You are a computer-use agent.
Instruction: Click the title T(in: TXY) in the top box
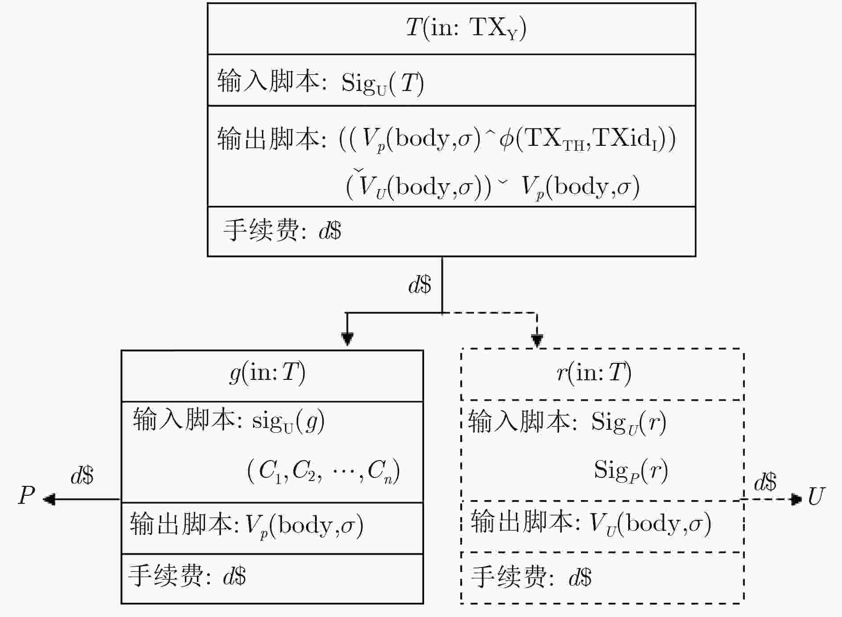pyautogui.click(x=466, y=28)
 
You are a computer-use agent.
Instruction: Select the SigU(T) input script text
pyautogui.click(x=383, y=83)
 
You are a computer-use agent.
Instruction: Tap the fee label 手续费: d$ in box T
pyautogui.click(x=282, y=230)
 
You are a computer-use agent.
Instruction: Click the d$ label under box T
pyautogui.click(x=420, y=284)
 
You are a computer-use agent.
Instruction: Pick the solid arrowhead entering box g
pyautogui.click(x=347, y=339)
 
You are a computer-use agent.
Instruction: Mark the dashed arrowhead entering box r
pyautogui.click(x=537, y=340)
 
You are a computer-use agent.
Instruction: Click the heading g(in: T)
pyautogui.click(x=267, y=373)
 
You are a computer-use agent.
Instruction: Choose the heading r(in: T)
pyautogui.click(x=594, y=373)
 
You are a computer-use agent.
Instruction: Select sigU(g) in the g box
pyautogui.click(x=288, y=421)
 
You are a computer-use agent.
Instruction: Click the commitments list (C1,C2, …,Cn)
pyautogui.click(x=323, y=471)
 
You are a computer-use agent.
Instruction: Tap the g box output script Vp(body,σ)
pyautogui.click(x=305, y=526)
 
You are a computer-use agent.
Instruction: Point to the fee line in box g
pyautogui.click(x=187, y=576)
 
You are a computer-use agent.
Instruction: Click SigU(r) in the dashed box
pyautogui.click(x=629, y=422)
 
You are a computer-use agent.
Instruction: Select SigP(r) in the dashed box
pyautogui.click(x=631, y=471)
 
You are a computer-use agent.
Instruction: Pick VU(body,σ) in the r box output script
pyautogui.click(x=650, y=524)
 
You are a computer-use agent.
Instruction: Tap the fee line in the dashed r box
pyautogui.click(x=531, y=577)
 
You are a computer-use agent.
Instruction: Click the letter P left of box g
pyautogui.click(x=27, y=495)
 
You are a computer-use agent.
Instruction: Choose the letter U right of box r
pyautogui.click(x=816, y=496)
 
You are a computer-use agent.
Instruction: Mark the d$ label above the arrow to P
pyautogui.click(x=82, y=475)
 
